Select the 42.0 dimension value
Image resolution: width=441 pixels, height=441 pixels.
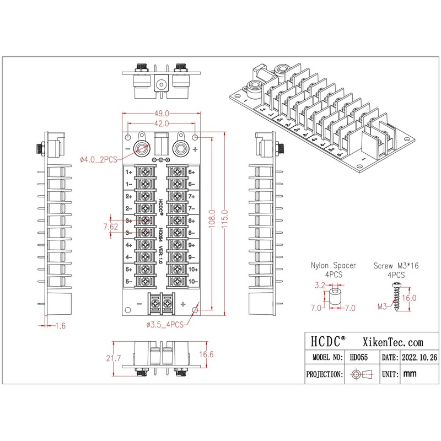pyautogui.click(x=162, y=123)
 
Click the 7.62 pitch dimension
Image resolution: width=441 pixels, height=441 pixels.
pyautogui.click(x=111, y=226)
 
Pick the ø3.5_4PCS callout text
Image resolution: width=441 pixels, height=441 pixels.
pyautogui.click(x=165, y=324)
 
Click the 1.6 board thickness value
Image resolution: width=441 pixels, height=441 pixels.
pyautogui.click(x=61, y=326)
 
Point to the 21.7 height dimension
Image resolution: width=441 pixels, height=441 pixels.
pyautogui.click(x=115, y=358)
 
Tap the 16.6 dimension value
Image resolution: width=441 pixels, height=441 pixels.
pyautogui.click(x=206, y=354)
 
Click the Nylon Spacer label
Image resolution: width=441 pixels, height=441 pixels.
pyautogui.click(x=334, y=265)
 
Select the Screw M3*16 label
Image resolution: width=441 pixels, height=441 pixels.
pyautogui.click(x=396, y=265)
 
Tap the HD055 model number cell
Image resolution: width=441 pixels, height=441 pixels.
pyautogui.click(x=359, y=357)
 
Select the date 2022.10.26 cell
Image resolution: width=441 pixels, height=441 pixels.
pyautogui.click(x=420, y=357)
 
